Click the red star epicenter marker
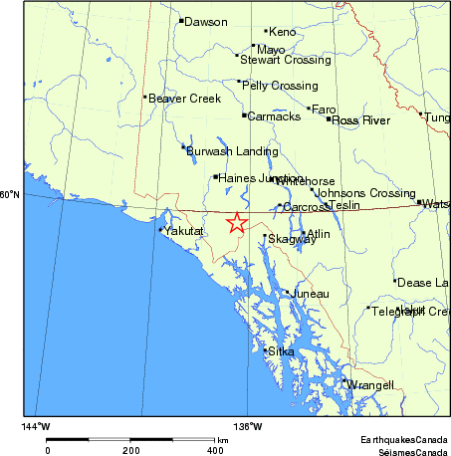coord(236,223)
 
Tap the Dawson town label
coord(206,21)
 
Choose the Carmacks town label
coord(274,116)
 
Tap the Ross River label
coord(360,120)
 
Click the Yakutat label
coord(183,231)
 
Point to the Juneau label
coord(308,294)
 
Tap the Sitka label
coord(280,351)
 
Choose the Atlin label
coord(318,234)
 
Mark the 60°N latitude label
coord(10,194)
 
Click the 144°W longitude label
coord(36,426)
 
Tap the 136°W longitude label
coord(248,426)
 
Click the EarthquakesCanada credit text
coord(404,439)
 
